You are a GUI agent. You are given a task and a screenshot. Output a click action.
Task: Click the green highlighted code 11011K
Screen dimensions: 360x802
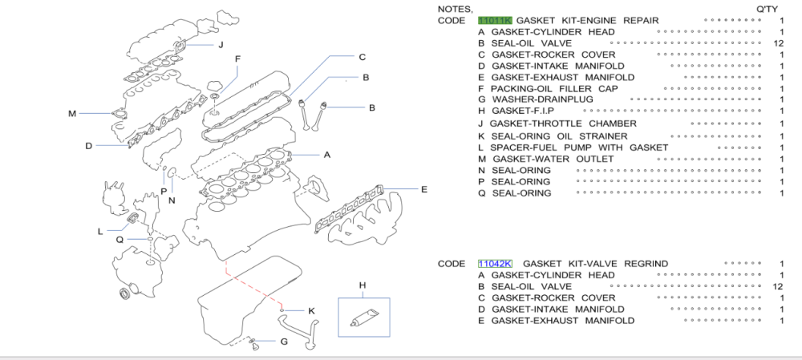click(494, 20)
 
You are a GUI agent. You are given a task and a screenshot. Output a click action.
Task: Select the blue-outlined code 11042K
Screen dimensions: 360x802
click(494, 264)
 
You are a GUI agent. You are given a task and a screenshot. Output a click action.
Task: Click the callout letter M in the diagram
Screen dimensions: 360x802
click(71, 113)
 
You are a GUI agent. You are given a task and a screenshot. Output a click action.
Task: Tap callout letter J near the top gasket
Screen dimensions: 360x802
click(220, 44)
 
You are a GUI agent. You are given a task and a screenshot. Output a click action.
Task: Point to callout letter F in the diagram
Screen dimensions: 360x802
click(237, 59)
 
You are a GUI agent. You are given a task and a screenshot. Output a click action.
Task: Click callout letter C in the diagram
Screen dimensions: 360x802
click(362, 57)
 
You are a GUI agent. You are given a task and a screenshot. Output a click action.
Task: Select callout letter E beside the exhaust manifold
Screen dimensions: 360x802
click(424, 189)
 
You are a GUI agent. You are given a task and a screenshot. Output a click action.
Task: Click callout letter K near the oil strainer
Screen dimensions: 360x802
click(311, 310)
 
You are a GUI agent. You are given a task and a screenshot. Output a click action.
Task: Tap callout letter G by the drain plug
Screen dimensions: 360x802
click(284, 342)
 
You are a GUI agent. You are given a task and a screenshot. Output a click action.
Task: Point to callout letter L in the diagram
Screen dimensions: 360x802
click(100, 232)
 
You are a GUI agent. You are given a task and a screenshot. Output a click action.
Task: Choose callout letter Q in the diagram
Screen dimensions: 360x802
click(119, 239)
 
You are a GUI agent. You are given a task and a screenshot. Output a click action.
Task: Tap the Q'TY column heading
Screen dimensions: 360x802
click(768, 9)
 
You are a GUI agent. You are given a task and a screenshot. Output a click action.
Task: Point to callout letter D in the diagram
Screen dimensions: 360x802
click(90, 145)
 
